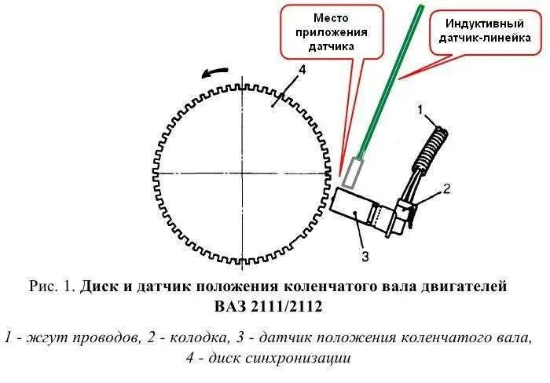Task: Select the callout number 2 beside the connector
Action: [445, 189]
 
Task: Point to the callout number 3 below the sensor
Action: [363, 253]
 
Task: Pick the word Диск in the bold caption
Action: [101, 286]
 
